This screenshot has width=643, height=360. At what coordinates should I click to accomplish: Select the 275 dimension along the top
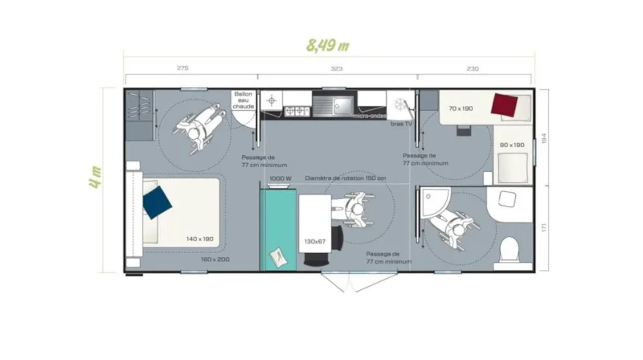(x=182, y=69)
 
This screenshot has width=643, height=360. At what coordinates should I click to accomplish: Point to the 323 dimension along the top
(x=336, y=69)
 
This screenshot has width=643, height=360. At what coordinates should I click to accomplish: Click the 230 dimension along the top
(x=473, y=69)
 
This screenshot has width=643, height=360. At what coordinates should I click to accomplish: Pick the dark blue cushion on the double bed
(x=158, y=202)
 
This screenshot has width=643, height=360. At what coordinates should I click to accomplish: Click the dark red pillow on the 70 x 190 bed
(x=504, y=104)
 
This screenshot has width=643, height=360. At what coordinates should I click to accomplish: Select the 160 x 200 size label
(x=215, y=259)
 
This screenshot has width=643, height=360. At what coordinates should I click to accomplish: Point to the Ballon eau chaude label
(x=244, y=101)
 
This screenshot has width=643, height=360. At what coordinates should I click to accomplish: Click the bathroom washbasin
(x=507, y=200)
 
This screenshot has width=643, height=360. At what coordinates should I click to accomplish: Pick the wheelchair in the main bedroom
(x=196, y=127)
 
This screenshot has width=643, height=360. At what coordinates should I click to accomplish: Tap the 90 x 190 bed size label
(x=511, y=145)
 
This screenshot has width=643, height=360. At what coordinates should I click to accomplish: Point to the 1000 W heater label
(x=280, y=178)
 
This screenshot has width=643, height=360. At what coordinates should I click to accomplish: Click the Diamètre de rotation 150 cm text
(x=346, y=178)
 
